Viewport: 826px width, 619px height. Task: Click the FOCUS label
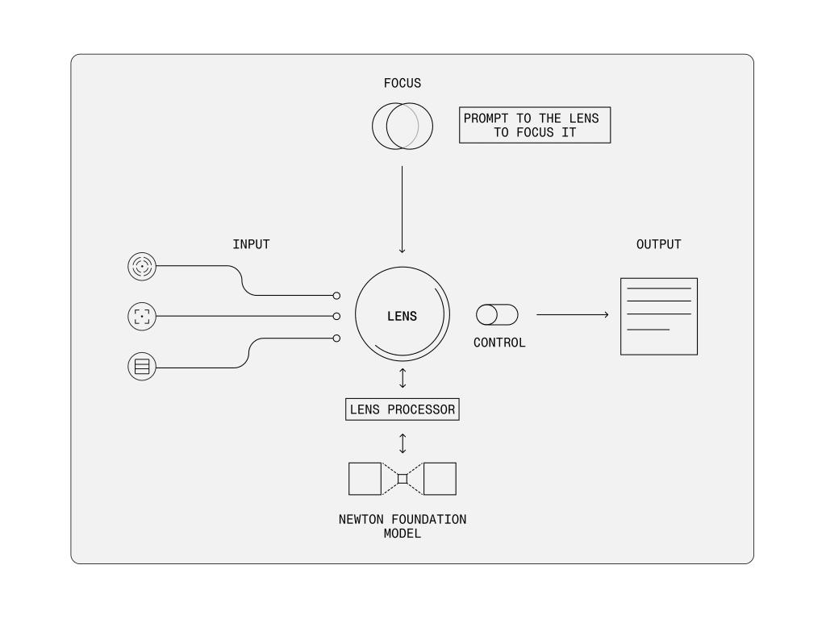tap(403, 83)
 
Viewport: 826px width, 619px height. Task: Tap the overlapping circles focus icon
tap(403, 127)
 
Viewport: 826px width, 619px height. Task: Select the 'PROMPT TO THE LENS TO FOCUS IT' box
tap(535, 126)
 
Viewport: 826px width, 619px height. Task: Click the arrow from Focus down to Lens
tap(403, 210)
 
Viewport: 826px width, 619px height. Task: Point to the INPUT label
tap(251, 244)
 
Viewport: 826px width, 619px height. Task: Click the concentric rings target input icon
tap(141, 266)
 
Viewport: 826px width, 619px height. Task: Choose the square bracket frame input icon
tap(141, 316)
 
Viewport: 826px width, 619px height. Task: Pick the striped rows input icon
tap(141, 368)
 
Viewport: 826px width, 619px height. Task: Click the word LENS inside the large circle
tap(403, 316)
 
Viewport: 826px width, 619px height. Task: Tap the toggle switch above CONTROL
tap(497, 314)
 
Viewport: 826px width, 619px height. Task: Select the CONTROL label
tap(499, 343)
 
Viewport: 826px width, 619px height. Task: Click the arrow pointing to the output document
tap(572, 314)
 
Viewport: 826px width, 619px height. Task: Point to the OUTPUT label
tap(658, 244)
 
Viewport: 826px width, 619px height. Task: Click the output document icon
tap(658, 316)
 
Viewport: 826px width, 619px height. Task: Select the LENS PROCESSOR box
tap(403, 409)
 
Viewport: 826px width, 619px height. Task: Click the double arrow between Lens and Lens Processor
tap(403, 378)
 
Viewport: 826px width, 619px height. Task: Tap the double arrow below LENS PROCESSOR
tap(403, 443)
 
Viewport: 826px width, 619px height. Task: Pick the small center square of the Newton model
tap(403, 479)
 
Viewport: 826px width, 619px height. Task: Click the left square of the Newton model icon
tap(365, 479)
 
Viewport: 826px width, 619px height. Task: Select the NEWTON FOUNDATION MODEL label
tap(403, 526)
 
